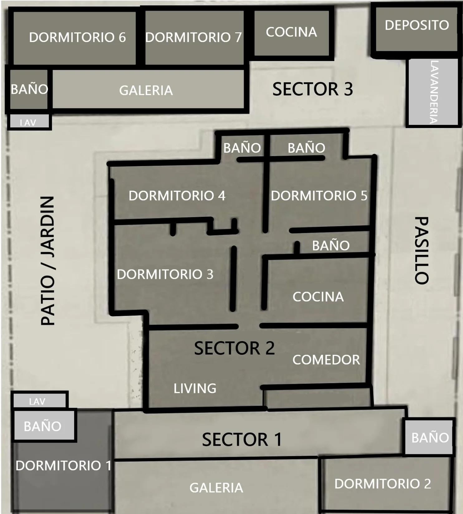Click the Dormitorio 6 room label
tap(77, 37)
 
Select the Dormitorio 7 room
tap(195, 38)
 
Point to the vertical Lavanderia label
tap(434, 92)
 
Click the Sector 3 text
tap(313, 89)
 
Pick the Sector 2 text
tap(234, 348)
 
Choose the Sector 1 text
tap(242, 440)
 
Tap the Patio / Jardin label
tap(48, 261)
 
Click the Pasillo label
tap(422, 250)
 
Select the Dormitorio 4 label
tap(177, 196)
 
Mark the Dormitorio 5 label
tap(319, 196)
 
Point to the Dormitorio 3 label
tap(165, 274)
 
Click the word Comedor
tap(326, 360)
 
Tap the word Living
tap(195, 388)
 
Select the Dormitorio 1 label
tap(64, 466)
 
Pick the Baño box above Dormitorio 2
tap(429, 437)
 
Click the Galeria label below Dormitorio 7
tap(146, 91)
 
